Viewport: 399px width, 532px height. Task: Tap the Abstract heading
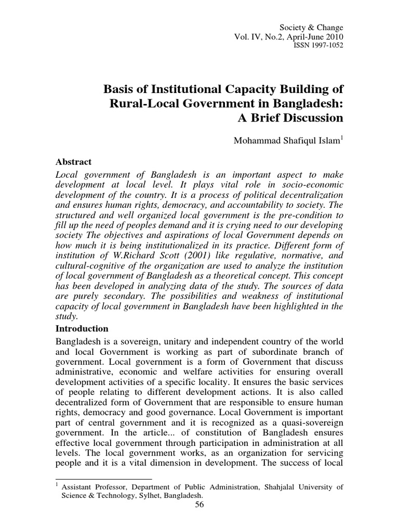click(73, 162)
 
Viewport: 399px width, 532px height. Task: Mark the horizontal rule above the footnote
click(103, 480)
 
